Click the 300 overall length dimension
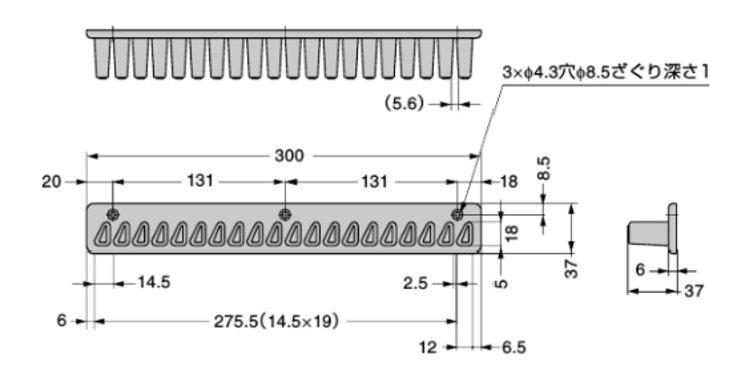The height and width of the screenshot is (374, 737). click(289, 156)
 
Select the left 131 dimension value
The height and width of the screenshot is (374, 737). click(200, 181)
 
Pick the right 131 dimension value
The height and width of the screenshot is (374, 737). click(375, 181)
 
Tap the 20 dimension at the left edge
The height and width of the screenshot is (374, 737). click(52, 181)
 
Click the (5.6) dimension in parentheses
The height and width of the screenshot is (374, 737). click(405, 104)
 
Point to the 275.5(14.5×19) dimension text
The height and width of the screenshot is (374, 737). click(276, 321)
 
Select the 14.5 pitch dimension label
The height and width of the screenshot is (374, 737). click(154, 282)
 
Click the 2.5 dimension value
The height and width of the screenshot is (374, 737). click(416, 283)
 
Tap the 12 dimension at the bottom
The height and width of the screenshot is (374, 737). click(428, 348)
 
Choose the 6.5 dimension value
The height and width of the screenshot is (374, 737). click(514, 348)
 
